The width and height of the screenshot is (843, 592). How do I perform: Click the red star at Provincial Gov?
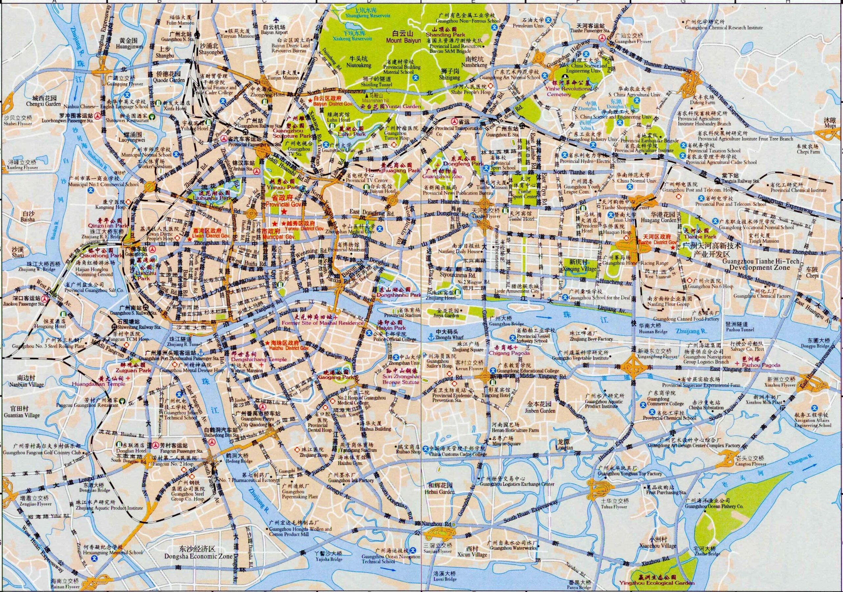tap(283, 212)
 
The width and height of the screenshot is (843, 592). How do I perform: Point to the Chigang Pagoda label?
tap(509, 353)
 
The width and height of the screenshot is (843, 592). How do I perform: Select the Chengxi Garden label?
tap(43, 104)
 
